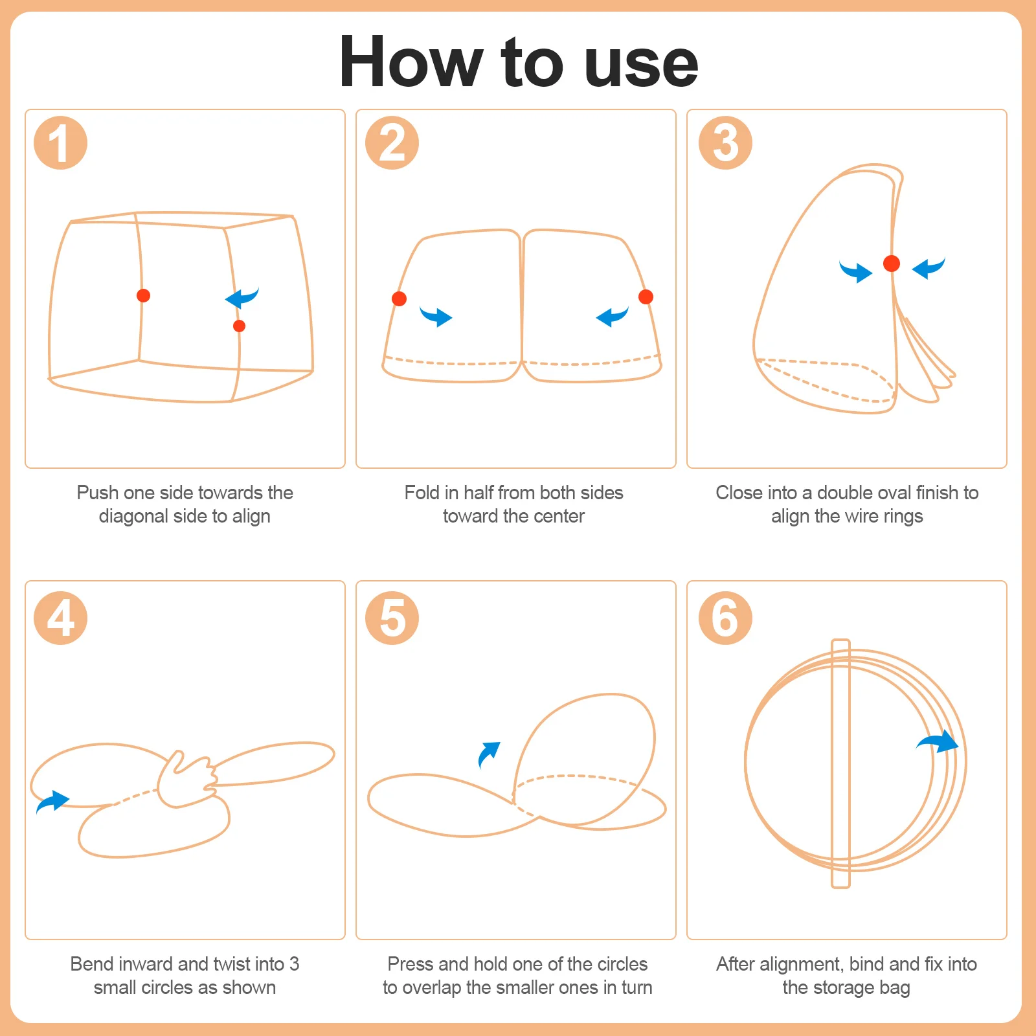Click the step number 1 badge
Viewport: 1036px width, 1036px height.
pos(60,143)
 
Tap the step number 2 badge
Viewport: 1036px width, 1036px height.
pos(392,143)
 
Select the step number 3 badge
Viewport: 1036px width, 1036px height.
pos(725,143)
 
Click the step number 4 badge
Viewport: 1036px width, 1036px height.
pos(60,618)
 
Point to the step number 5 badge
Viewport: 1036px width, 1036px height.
pos(392,618)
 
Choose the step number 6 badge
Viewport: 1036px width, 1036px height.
pos(725,618)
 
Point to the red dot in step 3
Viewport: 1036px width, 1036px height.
pos(892,264)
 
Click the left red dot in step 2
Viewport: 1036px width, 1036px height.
pos(399,298)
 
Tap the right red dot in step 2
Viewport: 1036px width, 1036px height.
pos(646,297)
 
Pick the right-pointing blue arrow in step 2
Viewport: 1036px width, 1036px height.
pos(436,316)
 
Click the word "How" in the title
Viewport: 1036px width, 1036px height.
pos(411,62)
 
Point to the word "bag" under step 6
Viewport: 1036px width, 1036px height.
pos(895,988)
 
